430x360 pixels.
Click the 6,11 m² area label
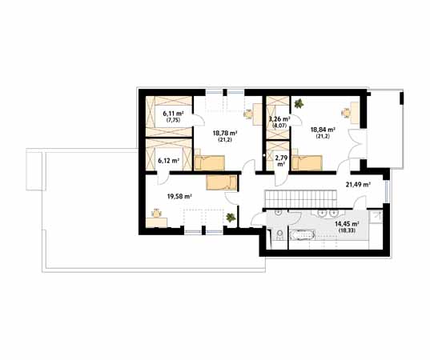pos(173,114)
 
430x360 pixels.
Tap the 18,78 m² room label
pos(225,133)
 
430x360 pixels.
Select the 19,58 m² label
pos(179,196)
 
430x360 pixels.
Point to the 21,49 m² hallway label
pos(358,185)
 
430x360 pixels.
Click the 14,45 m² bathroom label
pos(348,224)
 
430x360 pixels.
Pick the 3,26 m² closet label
pos(279,119)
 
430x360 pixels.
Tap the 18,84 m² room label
pos(324,130)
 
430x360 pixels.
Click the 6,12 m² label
pos(169,161)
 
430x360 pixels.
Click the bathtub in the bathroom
pos(301,235)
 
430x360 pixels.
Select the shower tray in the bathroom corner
pos(376,217)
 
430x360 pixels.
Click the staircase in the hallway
pos(300,199)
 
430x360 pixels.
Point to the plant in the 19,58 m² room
pos(231,218)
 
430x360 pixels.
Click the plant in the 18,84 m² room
pos(299,103)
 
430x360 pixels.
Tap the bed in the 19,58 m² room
pos(221,183)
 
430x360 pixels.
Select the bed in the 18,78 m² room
pos(210,162)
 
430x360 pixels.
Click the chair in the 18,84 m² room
pos(346,112)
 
